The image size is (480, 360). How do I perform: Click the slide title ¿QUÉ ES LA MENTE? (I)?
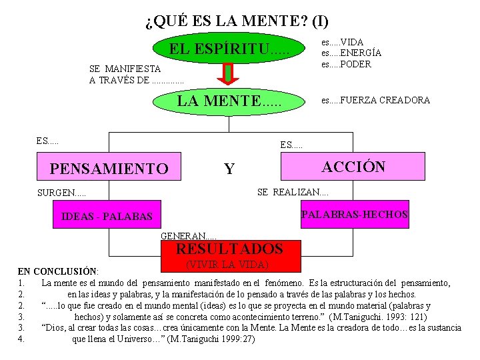pyautogui.click(x=237, y=21)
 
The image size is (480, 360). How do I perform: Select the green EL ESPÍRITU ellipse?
pyautogui.click(x=228, y=49)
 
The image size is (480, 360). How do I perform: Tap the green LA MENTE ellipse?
pyautogui.click(x=228, y=101)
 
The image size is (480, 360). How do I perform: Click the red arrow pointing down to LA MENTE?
pyautogui.click(x=228, y=75)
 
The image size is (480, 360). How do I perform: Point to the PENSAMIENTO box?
pyautogui.click(x=109, y=169)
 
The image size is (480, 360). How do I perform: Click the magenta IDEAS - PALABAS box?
pyautogui.click(x=107, y=217)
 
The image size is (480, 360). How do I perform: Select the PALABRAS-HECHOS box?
pyautogui.click(x=355, y=215)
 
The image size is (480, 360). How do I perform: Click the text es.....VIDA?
pyautogui.click(x=342, y=42)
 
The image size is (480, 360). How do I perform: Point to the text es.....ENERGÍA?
pyautogui.click(x=351, y=53)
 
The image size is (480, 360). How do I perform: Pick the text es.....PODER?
pyautogui.click(x=346, y=64)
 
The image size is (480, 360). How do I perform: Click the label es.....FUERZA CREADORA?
pyautogui.click(x=375, y=101)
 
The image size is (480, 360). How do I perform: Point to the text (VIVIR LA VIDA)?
pyautogui.click(x=227, y=264)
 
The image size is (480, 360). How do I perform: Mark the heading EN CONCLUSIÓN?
pyautogui.click(x=57, y=271)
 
